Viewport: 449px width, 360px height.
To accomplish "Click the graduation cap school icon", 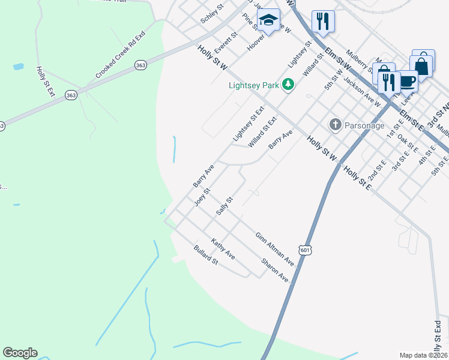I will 268,21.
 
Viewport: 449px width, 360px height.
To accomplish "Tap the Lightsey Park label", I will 253,85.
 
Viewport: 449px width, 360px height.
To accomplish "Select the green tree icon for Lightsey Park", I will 289,85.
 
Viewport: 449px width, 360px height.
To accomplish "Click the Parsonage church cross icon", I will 334,125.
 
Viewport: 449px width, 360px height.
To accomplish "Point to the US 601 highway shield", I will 305,251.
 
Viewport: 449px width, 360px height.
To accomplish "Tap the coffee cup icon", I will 407,80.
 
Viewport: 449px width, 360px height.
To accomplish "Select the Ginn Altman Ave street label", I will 274,250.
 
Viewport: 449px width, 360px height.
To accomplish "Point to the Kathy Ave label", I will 222,248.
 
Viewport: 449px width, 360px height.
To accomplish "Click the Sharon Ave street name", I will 274,271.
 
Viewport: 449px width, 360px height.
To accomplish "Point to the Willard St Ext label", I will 264,133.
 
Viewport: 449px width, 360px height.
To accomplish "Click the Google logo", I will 20,353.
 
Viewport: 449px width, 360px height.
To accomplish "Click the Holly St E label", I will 357,178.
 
